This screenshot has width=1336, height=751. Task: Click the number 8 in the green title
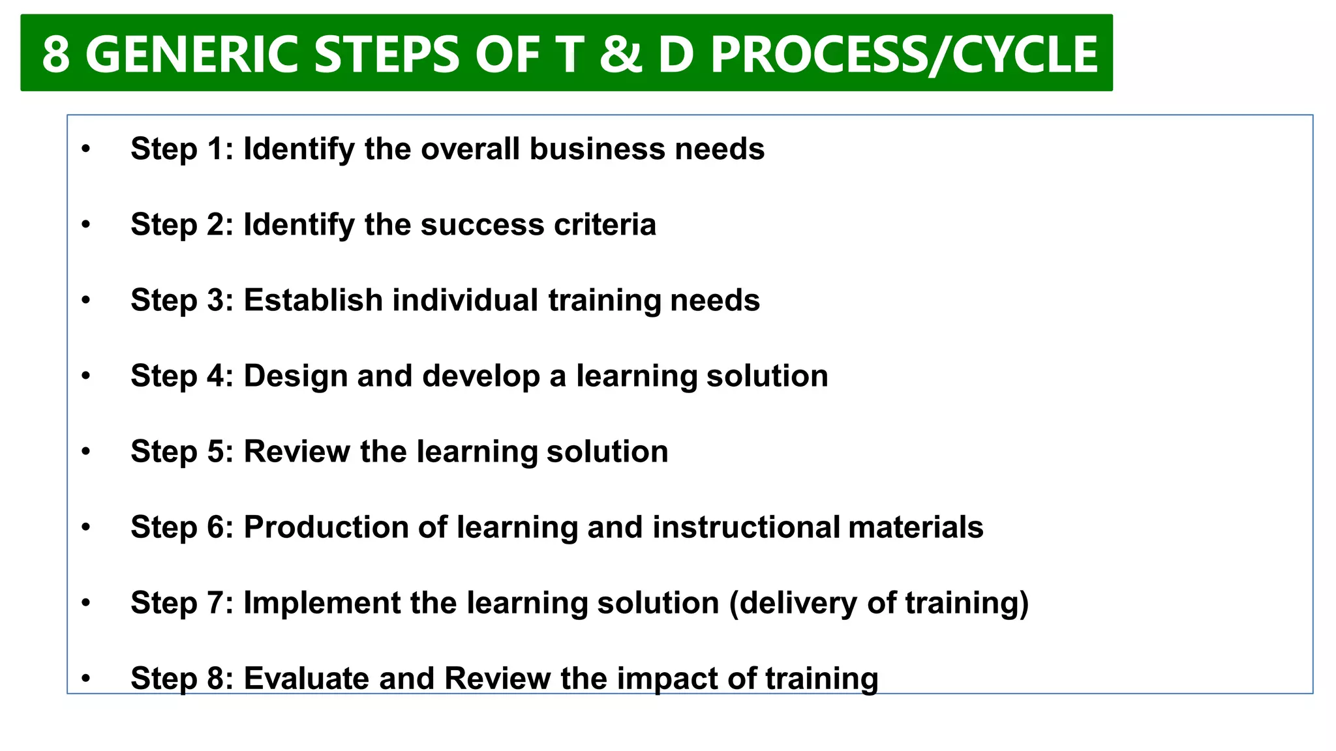[x=56, y=54]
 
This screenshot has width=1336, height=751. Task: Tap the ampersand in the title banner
[x=620, y=54]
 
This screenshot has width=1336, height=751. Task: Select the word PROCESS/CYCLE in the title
[x=904, y=54]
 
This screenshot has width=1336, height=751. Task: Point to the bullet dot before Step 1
[x=86, y=149]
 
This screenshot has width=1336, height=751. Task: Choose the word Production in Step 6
[x=326, y=527]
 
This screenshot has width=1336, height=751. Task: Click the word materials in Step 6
[x=915, y=527]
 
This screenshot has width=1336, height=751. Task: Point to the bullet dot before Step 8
[x=86, y=679]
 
